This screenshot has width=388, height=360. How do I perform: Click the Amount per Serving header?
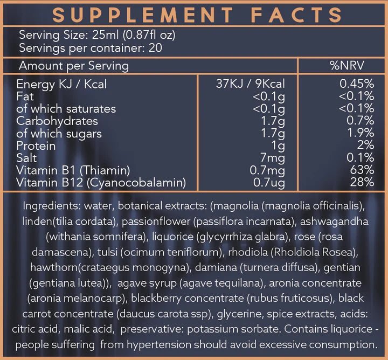coord(74,66)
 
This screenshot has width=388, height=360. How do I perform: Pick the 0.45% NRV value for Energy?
coord(357,84)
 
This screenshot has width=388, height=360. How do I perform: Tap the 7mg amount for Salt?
coord(275,158)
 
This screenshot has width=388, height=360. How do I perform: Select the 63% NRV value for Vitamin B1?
coord(363,171)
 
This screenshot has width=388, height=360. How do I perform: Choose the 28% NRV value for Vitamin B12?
coord(363,183)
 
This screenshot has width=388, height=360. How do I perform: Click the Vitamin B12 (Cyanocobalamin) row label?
coord(101,183)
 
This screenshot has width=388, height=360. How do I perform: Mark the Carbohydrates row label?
coord(57,121)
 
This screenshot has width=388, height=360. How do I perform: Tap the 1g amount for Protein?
coord(278,146)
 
